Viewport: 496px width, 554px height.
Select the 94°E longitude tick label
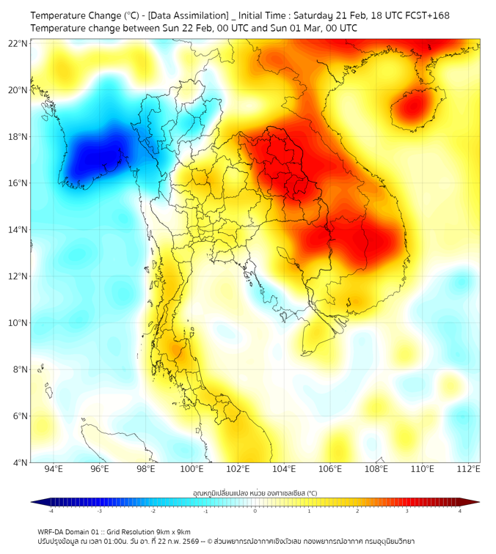click(54, 470)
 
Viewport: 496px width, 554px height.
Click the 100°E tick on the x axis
click(192, 470)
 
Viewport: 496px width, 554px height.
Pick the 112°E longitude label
click(468, 470)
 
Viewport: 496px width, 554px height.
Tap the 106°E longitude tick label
click(330, 470)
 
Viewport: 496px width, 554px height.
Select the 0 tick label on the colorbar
click(255, 511)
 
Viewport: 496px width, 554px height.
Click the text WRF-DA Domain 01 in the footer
click(67, 531)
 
